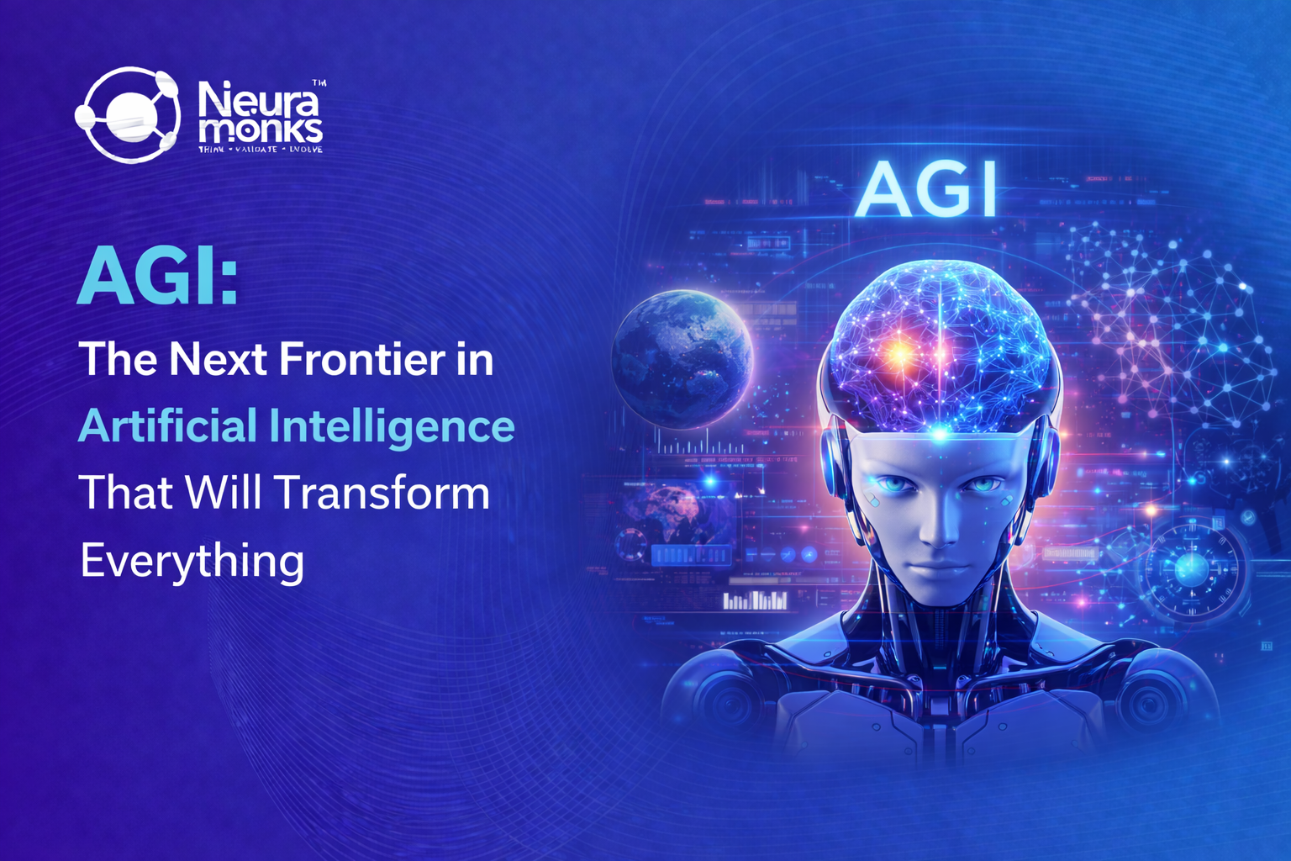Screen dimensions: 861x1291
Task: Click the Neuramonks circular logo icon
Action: pyautogui.click(x=128, y=114)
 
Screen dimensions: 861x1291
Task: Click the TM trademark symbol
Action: pyautogui.click(x=319, y=83)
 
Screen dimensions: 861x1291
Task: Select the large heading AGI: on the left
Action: pyautogui.click(x=158, y=277)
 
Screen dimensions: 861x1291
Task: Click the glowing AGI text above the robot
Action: pyautogui.click(x=926, y=188)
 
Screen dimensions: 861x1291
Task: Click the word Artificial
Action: pyautogui.click(x=167, y=425)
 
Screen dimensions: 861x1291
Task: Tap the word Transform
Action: pyautogui.click(x=382, y=493)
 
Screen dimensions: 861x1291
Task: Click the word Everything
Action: pyautogui.click(x=192, y=561)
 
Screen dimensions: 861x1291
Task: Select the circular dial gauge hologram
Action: pyautogui.click(x=1191, y=571)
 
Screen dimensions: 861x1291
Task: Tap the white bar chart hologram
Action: pyautogui.click(x=756, y=600)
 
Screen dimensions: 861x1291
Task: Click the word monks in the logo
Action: pyautogui.click(x=261, y=130)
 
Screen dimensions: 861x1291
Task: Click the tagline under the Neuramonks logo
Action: pyautogui.click(x=261, y=150)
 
